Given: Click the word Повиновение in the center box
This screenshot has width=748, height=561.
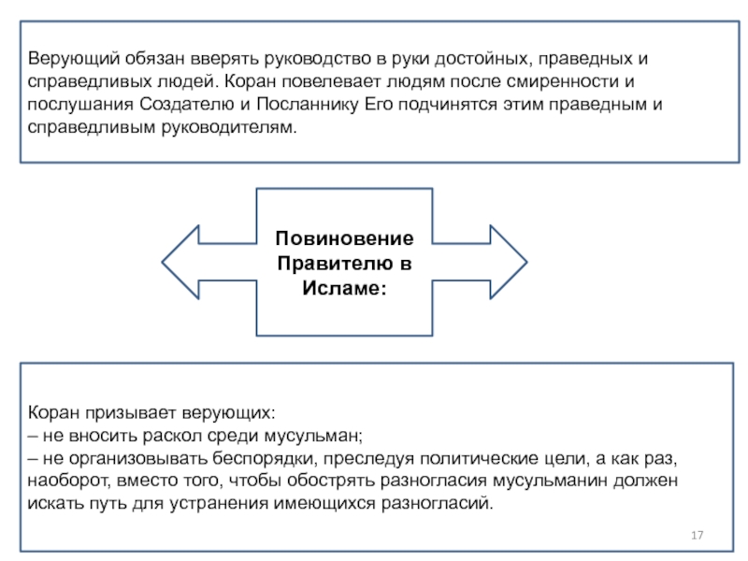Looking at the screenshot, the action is pyautogui.click(x=344, y=238).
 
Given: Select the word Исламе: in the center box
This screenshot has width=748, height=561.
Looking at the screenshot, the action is pyautogui.click(x=344, y=288).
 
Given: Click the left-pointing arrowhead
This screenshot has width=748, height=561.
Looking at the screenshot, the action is pyautogui.click(x=180, y=262).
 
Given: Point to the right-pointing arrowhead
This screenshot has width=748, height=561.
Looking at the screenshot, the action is pyautogui.click(x=509, y=262).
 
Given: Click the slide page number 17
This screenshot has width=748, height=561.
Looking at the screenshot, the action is pyautogui.click(x=697, y=535).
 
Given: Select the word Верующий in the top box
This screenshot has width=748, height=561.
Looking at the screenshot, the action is pyautogui.click(x=74, y=59).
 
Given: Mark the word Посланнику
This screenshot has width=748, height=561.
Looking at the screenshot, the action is pyautogui.click(x=308, y=104).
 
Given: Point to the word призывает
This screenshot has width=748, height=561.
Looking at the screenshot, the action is pyautogui.click(x=131, y=412).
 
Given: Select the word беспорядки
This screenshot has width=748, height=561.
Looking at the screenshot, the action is pyautogui.click(x=265, y=458).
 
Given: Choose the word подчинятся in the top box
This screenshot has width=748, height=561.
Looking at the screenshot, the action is pyautogui.click(x=448, y=104).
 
